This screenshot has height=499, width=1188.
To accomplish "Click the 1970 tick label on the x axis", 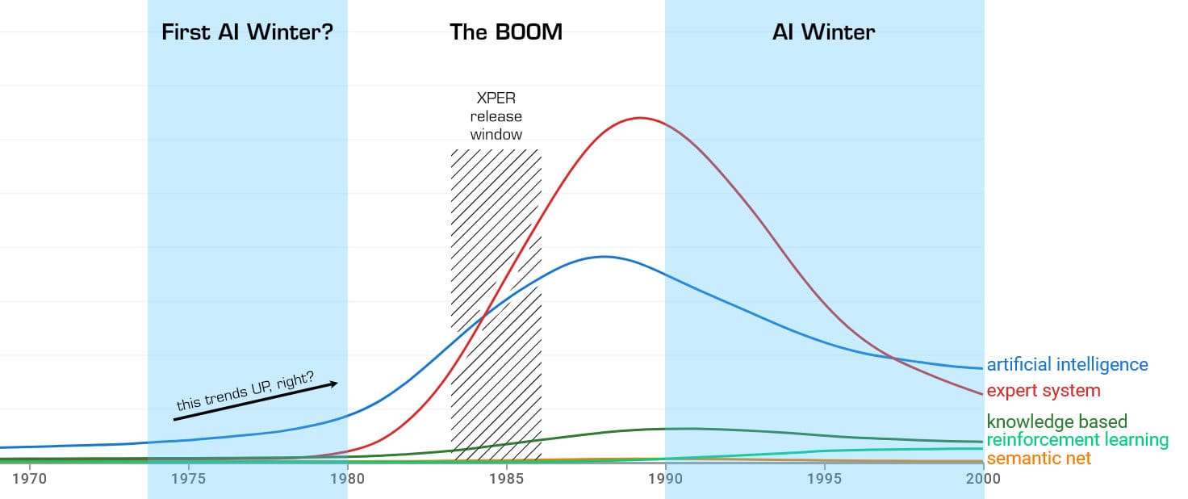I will coord(30,479).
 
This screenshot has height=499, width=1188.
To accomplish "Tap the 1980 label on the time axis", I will coord(347,479).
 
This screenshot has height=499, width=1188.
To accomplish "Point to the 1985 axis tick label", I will coord(506,479).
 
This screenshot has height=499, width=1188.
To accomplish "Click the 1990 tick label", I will coord(665,479).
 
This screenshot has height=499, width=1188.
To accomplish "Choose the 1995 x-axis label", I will coord(824,479).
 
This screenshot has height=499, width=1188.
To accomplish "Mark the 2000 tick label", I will coord(983,479).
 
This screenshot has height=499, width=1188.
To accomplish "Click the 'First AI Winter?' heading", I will coord(248,32).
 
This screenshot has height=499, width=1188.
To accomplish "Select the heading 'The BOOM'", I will coord(506,32).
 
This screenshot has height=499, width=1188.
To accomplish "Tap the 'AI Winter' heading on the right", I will coord(823,32).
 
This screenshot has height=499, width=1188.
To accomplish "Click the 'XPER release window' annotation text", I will coord(496,116).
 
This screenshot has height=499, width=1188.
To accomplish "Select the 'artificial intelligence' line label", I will coord(1067,365).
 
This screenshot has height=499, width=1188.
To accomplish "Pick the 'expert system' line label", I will coord(1044,391).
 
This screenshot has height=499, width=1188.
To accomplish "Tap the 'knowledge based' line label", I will coord(1056,421).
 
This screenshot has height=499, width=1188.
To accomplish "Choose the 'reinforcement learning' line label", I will coord(1077,440).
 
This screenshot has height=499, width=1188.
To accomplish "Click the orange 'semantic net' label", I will coord(1039,459).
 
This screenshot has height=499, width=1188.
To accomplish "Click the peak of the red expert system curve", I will coord(640,118).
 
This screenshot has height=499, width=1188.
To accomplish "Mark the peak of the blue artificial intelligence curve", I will coord(603,257).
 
